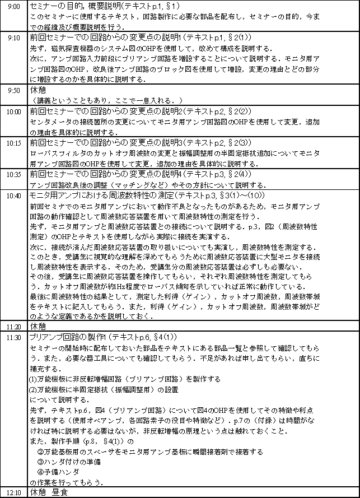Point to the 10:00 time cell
tap(13, 111)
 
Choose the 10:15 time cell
tap(13, 143)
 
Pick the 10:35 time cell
tap(13, 174)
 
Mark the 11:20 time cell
tap(13, 325)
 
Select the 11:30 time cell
tap(13, 337)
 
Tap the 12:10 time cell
tap(13, 492)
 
